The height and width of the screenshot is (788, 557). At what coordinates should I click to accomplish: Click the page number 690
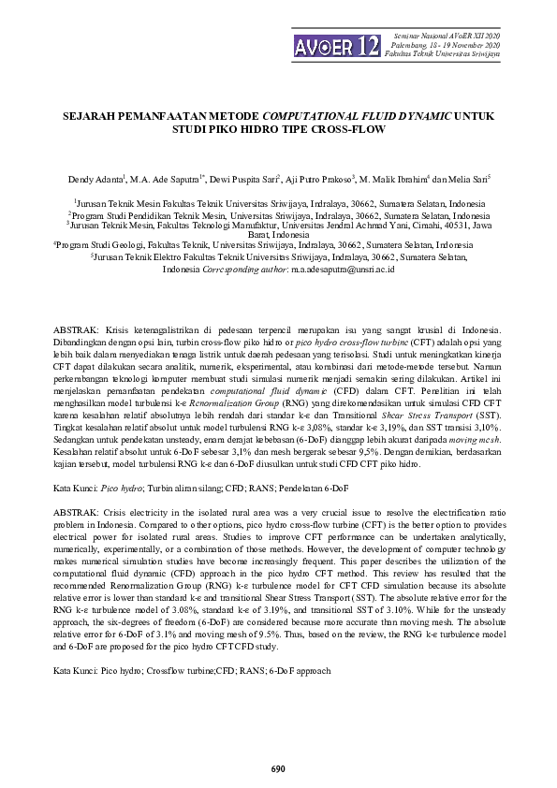click(x=278, y=768)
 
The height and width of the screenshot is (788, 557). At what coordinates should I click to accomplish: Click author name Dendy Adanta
click(x=95, y=178)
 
